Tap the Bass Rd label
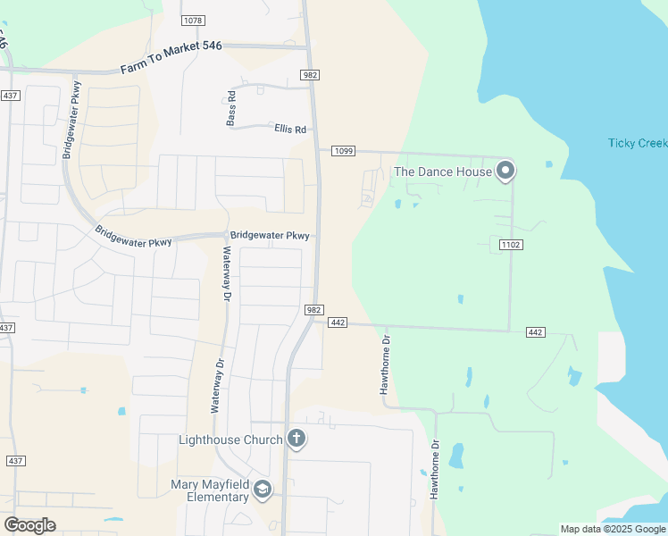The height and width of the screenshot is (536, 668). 231,107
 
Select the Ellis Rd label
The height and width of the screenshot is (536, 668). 290,130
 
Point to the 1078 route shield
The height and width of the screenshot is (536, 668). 192,20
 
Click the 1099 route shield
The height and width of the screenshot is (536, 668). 344,151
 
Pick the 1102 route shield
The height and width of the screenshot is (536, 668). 511,244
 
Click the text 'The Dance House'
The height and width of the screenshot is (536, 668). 443,172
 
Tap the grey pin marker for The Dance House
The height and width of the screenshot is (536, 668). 505,170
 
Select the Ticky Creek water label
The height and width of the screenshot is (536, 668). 637,143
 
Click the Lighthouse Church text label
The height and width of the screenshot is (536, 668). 230,440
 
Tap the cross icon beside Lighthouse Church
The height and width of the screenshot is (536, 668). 296,439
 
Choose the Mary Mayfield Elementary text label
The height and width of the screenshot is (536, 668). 209,490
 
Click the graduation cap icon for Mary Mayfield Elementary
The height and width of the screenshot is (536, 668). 263,490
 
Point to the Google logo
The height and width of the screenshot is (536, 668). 29,525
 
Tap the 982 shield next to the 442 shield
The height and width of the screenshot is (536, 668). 313,309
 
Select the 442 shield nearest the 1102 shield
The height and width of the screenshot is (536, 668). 535,332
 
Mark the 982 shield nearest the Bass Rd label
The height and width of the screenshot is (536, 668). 310,75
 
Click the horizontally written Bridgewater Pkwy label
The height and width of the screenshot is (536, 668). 270,236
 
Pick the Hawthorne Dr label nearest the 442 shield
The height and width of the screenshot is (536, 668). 386,365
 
